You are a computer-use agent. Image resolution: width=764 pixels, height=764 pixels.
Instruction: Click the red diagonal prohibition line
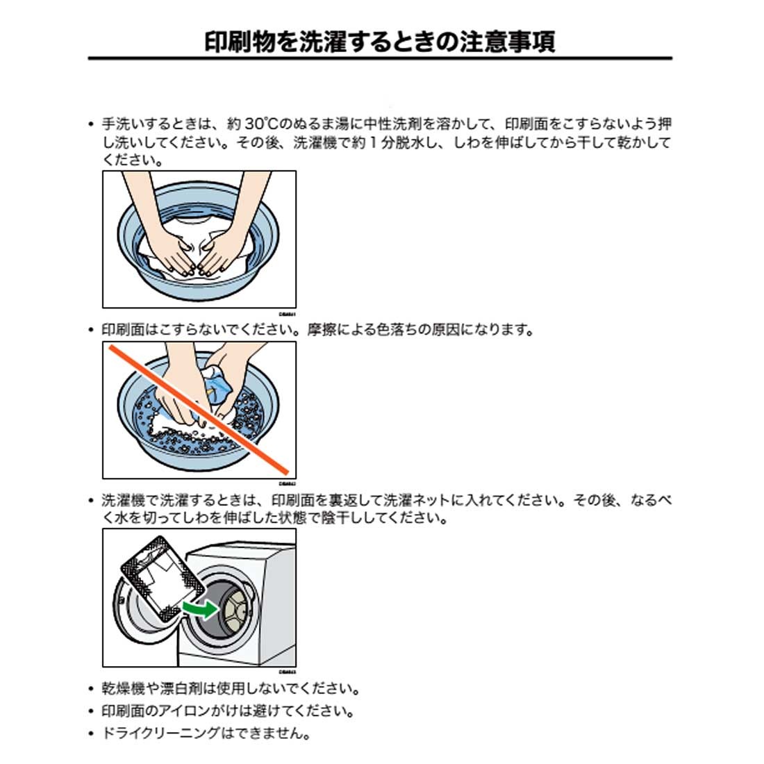pos(201,409)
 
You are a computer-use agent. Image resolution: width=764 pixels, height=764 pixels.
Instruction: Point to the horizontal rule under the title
pos(380,59)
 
